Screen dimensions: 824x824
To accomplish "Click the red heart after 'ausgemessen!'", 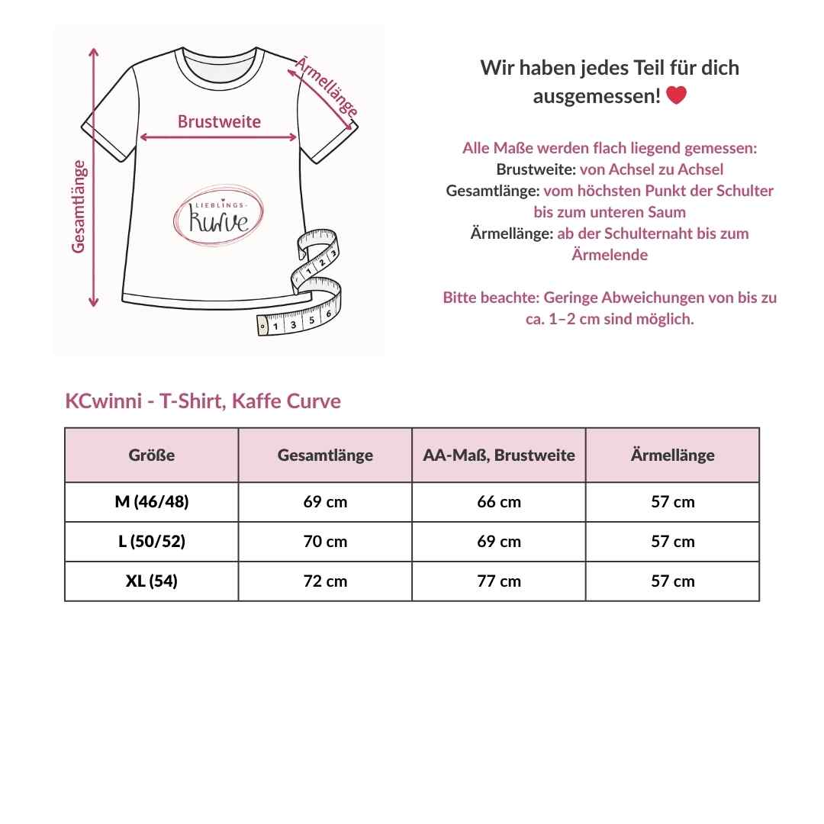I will [x=676, y=95].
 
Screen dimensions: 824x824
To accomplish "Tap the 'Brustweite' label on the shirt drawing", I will [x=219, y=121].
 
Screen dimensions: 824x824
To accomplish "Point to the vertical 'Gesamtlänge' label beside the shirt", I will [x=79, y=206].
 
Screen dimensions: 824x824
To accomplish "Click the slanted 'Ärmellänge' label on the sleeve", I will [x=326, y=86].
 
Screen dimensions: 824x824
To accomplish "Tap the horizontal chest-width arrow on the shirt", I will [x=219, y=138].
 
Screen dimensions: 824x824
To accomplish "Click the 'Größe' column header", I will [x=152, y=455].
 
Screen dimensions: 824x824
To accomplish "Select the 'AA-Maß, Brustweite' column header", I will [x=499, y=455].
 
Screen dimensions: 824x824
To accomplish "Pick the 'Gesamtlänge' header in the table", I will [x=325, y=455].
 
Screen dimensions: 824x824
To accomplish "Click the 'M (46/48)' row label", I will [x=152, y=502].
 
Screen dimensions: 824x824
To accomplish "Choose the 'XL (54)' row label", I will [x=152, y=581].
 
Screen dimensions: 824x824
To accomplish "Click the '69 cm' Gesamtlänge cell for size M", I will [x=325, y=502].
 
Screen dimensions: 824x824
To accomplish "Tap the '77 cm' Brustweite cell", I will [x=499, y=581].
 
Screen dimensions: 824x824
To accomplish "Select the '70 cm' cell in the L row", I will [x=325, y=542].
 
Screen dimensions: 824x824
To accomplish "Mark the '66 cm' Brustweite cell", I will [x=499, y=502].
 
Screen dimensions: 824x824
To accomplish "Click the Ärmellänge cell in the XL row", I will [x=673, y=581].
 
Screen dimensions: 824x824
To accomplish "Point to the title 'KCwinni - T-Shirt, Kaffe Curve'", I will [x=203, y=401].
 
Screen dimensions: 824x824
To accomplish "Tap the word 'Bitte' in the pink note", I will [x=460, y=298].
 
